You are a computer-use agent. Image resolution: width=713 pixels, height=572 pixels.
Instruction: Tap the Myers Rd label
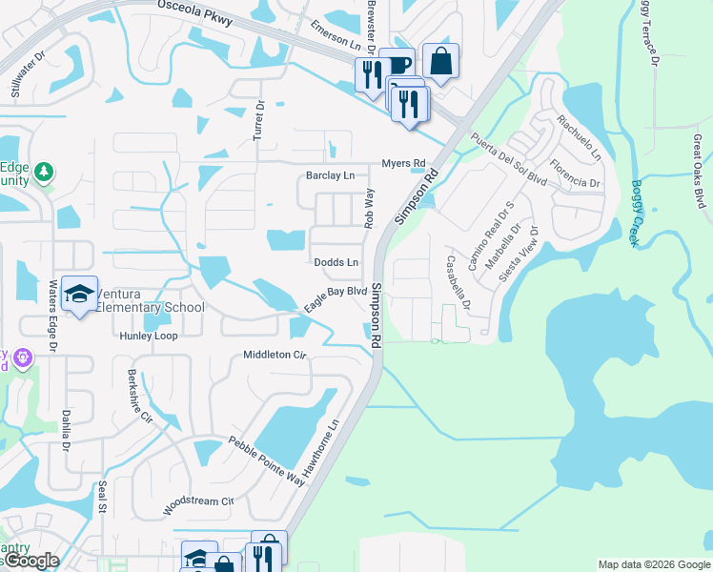click(402, 163)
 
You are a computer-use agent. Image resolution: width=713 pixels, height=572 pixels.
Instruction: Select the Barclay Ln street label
click(330, 175)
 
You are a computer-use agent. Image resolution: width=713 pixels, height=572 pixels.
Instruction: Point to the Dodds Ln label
click(336, 262)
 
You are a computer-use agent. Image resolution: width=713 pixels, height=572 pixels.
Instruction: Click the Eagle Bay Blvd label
click(336, 298)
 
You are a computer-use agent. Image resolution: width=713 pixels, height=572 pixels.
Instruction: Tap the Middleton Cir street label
click(275, 355)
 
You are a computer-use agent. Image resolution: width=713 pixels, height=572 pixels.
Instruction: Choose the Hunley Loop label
click(148, 337)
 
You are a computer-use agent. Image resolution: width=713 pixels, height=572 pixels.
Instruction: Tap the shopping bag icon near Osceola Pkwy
click(440, 62)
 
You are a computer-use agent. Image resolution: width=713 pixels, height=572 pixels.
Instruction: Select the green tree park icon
click(43, 173)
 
